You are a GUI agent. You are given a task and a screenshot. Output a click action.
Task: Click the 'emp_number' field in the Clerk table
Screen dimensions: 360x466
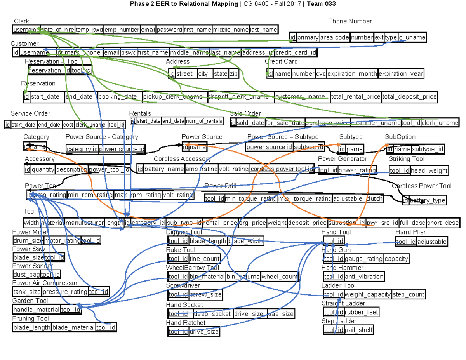[122, 30]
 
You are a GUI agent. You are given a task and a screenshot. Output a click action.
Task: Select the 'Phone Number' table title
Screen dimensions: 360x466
[350, 21]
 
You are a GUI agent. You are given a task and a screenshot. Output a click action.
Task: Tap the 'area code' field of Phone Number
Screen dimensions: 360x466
[335, 38]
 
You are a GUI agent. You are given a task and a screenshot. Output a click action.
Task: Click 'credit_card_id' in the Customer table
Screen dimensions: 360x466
[296, 52]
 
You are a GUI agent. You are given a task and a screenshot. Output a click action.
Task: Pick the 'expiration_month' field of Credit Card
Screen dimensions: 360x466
[352, 74]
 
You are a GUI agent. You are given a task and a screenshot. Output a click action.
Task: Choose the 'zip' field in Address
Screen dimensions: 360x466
[233, 74]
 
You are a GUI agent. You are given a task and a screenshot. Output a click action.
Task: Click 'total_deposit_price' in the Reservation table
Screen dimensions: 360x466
[410, 97]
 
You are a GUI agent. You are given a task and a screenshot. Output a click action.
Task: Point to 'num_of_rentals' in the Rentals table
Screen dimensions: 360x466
[204, 121]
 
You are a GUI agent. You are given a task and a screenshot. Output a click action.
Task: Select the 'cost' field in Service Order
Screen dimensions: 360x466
[68, 125]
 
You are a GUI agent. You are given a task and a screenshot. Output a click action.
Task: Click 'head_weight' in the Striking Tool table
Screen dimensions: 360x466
[429, 170]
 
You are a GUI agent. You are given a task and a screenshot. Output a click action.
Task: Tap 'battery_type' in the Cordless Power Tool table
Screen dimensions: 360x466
[427, 200]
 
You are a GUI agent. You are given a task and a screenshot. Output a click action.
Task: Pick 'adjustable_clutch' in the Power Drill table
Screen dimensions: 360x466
[358, 199]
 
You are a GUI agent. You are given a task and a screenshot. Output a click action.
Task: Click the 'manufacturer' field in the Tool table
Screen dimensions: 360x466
[85, 223]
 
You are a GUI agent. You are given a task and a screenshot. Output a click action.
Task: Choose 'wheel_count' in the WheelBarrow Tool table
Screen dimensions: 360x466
[280, 277]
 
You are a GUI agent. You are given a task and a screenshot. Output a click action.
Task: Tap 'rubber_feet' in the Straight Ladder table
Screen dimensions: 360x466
[362, 312]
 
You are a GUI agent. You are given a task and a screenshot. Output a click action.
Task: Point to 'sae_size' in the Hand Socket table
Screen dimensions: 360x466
[281, 314]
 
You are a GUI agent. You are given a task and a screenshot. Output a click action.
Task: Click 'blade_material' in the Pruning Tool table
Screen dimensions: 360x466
[73, 327]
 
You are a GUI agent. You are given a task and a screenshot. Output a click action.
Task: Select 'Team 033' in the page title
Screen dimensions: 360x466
[321, 4]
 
